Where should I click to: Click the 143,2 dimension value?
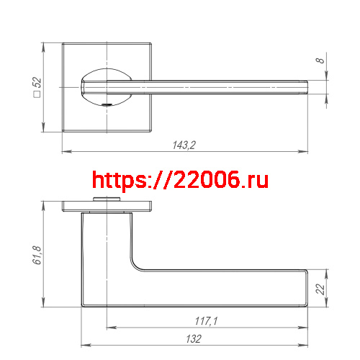pyautogui.click(x=184, y=145)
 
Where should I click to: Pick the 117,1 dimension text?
pyautogui.click(x=205, y=320)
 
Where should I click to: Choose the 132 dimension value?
pyautogui.click(x=193, y=338)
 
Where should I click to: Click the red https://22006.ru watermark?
pyautogui.click(x=181, y=180)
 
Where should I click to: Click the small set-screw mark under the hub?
pyautogui.click(x=107, y=106)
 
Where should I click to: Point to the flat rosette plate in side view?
pyautogui.click(x=107, y=207)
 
